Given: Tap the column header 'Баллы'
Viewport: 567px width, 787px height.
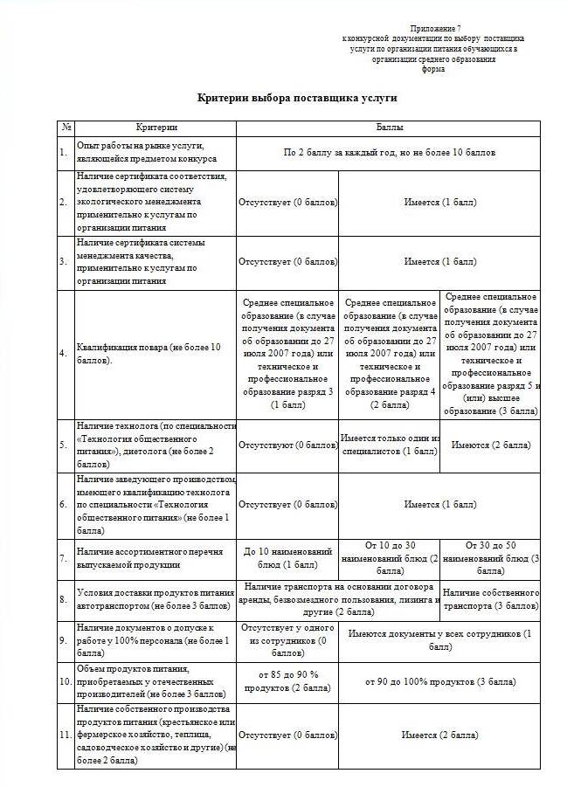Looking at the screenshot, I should pos(389,128).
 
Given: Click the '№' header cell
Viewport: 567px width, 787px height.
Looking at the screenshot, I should pos(66,128).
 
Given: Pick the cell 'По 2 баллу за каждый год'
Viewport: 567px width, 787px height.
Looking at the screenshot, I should pos(390,153).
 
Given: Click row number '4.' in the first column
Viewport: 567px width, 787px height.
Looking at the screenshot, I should pos(63,354).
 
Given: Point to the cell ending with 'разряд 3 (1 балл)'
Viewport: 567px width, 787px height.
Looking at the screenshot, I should pos(287,354).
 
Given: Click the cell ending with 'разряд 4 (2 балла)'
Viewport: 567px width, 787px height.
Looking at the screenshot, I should pos(390,354).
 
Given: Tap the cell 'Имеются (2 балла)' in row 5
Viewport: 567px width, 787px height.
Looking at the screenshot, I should pos(490,445).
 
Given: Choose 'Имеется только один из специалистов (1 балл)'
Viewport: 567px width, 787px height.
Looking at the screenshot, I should pos(390,445).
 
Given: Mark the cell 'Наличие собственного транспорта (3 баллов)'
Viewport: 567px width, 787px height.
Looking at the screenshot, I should pos(490,598).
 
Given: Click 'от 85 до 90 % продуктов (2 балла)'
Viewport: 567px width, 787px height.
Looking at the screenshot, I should pos(287,680).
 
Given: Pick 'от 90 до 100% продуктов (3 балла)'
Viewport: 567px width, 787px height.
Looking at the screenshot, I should pos(439,680).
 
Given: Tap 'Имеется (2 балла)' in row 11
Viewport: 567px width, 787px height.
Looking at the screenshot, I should pos(439,735).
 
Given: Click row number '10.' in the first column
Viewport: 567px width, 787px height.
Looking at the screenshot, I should pos(64,680).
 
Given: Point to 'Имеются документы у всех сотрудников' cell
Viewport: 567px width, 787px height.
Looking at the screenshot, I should pos(439,639).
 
